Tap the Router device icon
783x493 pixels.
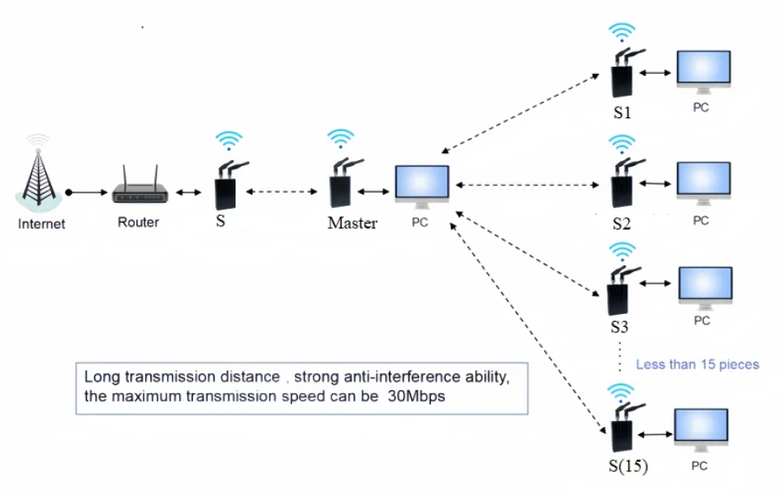click(x=138, y=192)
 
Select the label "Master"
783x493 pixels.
click(x=352, y=223)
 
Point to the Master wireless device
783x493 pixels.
click(x=340, y=184)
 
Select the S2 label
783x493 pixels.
click(x=620, y=223)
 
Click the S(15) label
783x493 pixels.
click(x=625, y=466)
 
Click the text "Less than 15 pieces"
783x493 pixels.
click(x=697, y=364)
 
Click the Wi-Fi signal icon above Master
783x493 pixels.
click(x=341, y=139)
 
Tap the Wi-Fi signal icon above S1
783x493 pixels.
click(x=620, y=33)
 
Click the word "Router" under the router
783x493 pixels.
click(x=138, y=223)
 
